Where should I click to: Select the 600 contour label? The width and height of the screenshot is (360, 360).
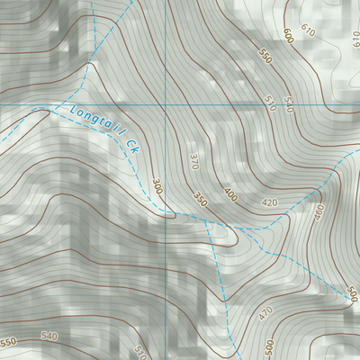pos(287,36)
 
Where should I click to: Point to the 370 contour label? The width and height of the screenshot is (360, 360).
pos(193,161)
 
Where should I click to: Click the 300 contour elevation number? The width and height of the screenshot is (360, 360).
pos(158,187)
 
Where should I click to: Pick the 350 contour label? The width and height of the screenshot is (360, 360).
pos(200,200)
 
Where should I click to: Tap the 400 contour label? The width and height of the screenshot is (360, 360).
pos(229,194)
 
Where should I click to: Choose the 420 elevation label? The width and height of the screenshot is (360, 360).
pos(268,203)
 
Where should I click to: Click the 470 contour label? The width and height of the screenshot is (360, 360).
pos(265,314)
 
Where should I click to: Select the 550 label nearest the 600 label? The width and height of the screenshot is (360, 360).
pos(265,56)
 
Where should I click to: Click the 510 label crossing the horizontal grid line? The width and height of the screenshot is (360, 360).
pos(270,102)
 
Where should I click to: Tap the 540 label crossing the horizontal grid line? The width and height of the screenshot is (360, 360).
pos(289,103)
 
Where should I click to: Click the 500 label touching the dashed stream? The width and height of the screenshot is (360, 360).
pos(351,295)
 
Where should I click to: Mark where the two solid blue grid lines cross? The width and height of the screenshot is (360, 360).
pos(167,105)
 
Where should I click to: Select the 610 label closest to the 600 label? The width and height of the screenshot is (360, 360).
pos(309,31)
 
